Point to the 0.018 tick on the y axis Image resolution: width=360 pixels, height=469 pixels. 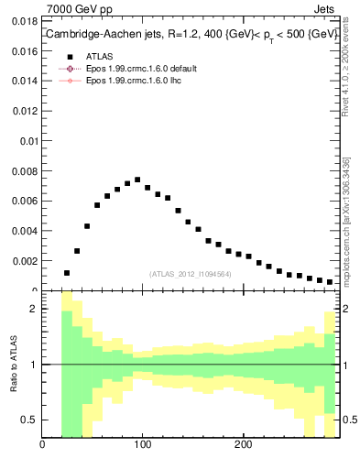[23, 18]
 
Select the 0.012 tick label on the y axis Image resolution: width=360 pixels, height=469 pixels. [23, 109]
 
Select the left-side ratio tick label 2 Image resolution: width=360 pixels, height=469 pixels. [35, 310]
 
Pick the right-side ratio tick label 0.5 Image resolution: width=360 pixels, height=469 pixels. [349, 420]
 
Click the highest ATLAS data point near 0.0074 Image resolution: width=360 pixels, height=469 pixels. [137, 180]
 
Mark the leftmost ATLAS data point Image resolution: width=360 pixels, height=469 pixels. [67, 273]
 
